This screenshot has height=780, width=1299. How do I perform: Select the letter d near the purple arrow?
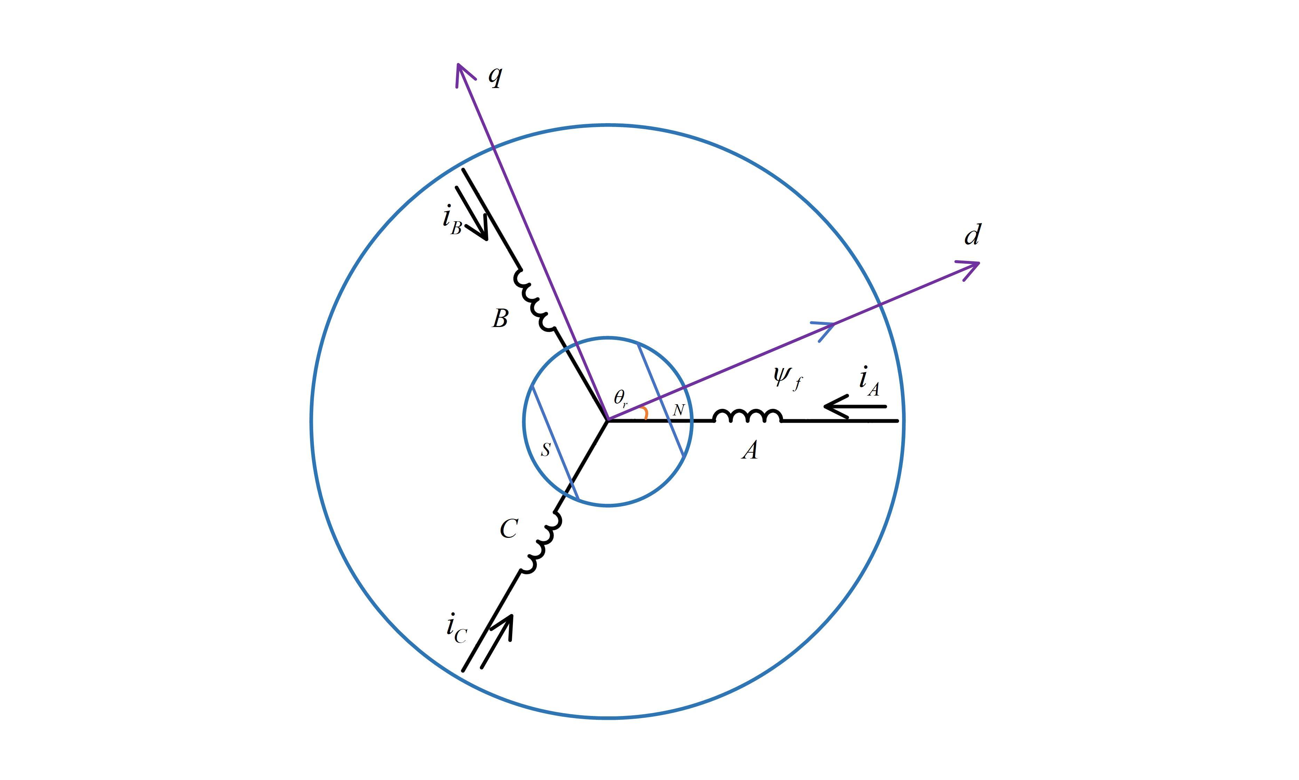point(973,234)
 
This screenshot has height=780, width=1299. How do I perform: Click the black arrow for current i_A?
point(855,407)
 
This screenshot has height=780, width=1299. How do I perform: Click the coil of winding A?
point(747,415)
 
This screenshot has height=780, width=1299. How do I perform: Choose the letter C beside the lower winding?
point(509,529)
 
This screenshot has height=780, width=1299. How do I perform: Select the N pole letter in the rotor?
point(679,410)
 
